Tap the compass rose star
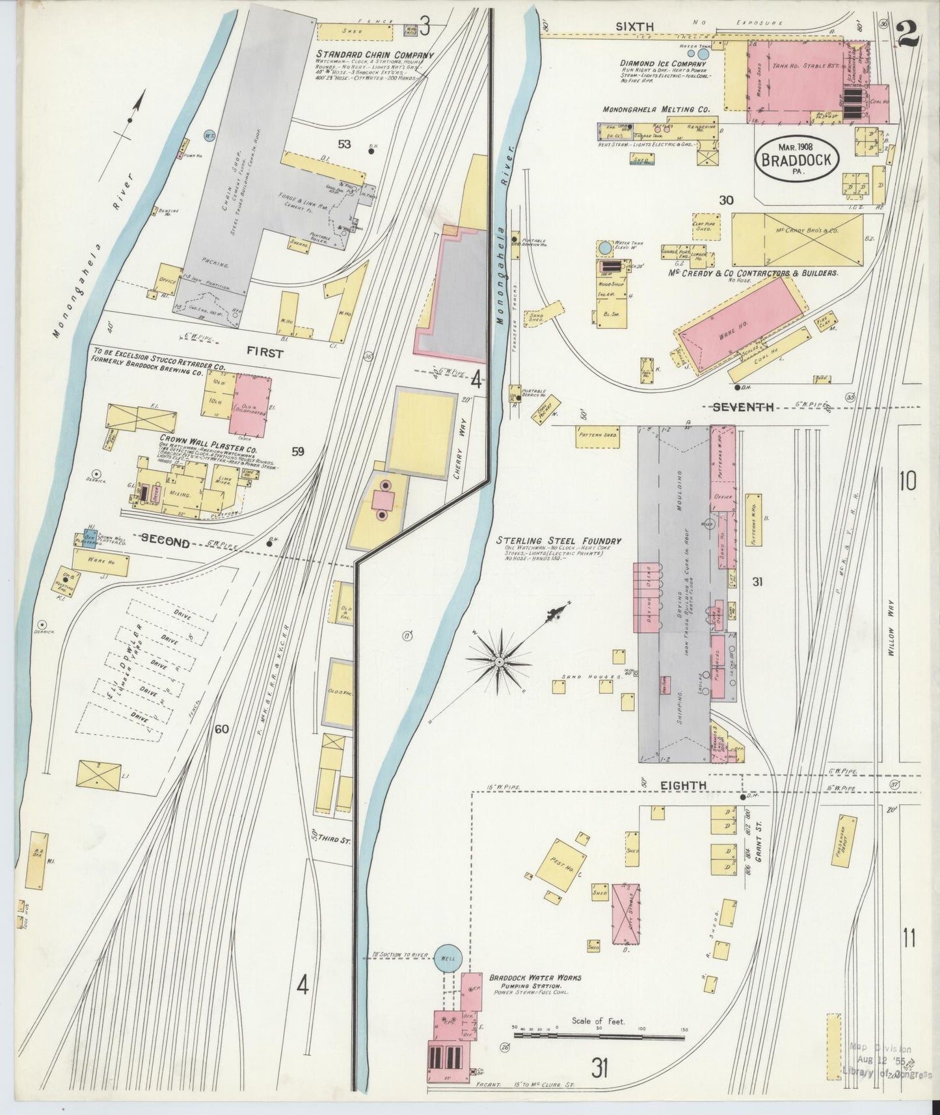498,661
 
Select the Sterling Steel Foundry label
558,541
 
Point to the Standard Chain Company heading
375,55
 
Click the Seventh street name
744,407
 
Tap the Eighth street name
683,786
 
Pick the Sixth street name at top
634,26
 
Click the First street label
265,353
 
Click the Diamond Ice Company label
662,63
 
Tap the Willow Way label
890,638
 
